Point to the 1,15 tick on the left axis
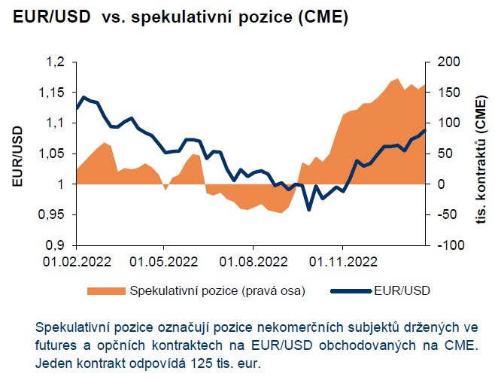pyautogui.click(x=53, y=92)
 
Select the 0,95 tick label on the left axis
pyautogui.click(x=53, y=214)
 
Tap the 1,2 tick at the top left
pyautogui.click(x=58, y=62)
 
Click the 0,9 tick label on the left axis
pyautogui.click(x=58, y=245)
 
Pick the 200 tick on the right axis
pyautogui.click(x=443, y=62)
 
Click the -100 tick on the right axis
pyautogui.click(x=445, y=245)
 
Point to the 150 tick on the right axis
pyautogui.click(x=443, y=92)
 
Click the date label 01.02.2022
pyautogui.click(x=76, y=263)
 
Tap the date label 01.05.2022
pyautogui.click(x=164, y=263)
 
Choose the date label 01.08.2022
pyautogui.click(x=254, y=263)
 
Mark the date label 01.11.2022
pyautogui.click(x=342, y=263)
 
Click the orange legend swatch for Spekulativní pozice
pyautogui.click(x=107, y=290)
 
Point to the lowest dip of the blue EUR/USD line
pyautogui.click(x=308, y=210)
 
